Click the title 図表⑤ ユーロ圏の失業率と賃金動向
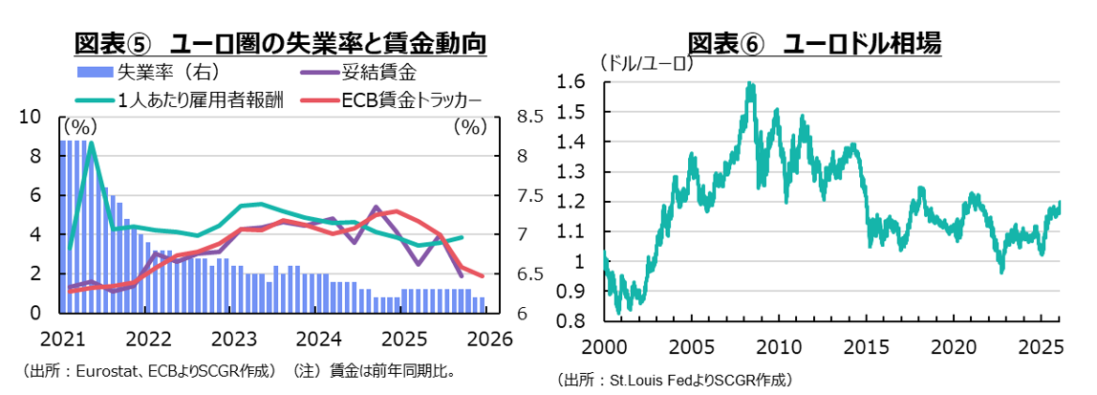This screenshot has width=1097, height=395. pyautogui.click(x=280, y=43)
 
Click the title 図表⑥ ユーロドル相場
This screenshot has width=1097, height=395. pyautogui.click(x=814, y=43)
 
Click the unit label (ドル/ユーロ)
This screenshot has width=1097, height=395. pyautogui.click(x=646, y=64)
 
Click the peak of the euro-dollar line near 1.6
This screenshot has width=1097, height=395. pyautogui.click(x=749, y=84)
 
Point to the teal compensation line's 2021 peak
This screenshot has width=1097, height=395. pyautogui.click(x=90, y=143)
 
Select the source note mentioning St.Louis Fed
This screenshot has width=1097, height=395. pyautogui.click(x=677, y=380)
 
